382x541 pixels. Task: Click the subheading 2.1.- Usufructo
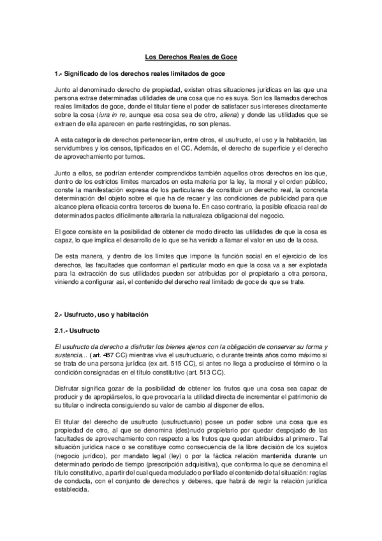(77, 330)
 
